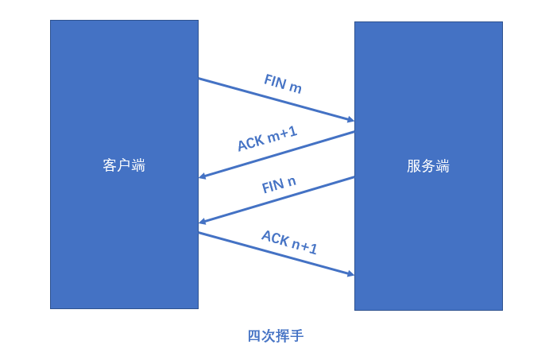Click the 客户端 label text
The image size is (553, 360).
[124, 165]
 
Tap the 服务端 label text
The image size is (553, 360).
[428, 166]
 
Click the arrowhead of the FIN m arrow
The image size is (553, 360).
[350, 120]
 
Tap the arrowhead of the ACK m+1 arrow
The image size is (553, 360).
[203, 176]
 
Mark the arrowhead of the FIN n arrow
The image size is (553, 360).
[203, 222]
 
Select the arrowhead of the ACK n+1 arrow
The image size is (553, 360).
[350, 274]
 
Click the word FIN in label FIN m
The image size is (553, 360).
[275, 81]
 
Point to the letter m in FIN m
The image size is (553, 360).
[296, 87]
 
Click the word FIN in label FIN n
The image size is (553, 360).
[273, 188]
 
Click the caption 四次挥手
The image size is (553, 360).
[276, 335]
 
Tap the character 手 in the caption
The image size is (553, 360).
[297, 335]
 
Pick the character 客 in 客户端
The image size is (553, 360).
[110, 165]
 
